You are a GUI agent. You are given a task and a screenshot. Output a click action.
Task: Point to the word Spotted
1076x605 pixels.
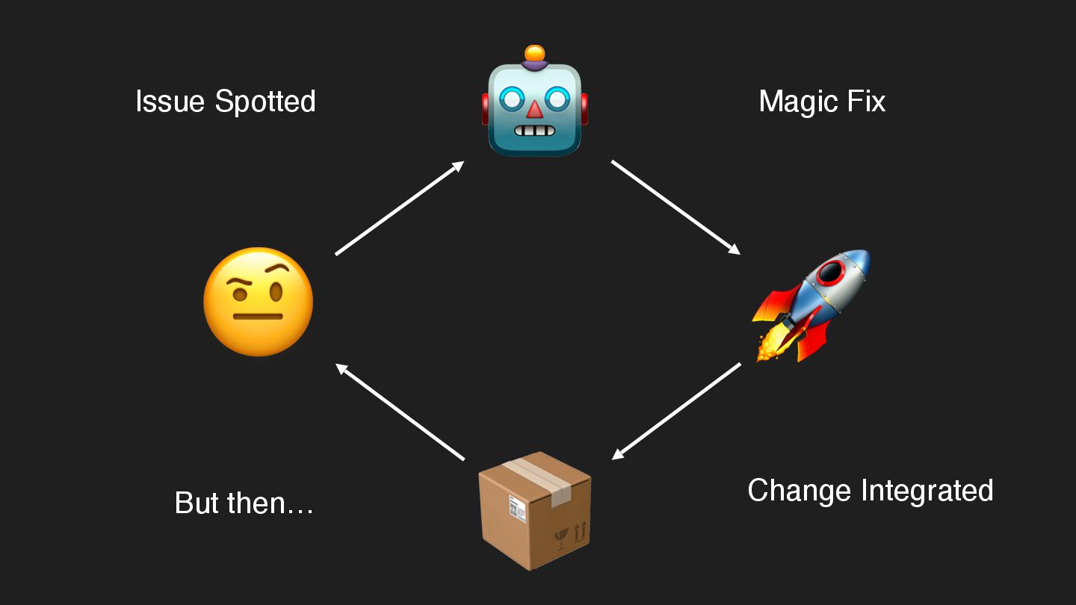click(265, 102)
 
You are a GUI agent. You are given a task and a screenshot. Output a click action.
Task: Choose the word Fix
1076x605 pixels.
click(866, 102)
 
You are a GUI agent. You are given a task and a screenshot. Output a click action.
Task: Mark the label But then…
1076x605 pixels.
click(244, 503)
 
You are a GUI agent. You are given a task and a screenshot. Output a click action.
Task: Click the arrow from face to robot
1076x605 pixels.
click(400, 208)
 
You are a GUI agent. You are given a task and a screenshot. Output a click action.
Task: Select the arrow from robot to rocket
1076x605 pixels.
click(675, 207)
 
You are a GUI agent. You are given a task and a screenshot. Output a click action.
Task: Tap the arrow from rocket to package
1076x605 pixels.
click(676, 412)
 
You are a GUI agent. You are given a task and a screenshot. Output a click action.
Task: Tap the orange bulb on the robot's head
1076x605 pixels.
click(534, 54)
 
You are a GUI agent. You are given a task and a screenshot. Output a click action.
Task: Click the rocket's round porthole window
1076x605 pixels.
click(831, 273)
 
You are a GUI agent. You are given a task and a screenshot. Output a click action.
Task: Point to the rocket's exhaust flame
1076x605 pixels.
click(770, 344)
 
